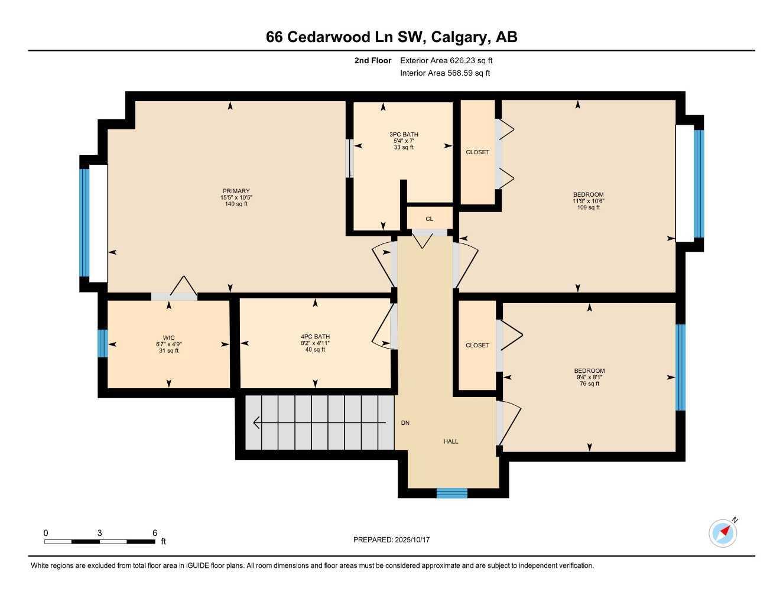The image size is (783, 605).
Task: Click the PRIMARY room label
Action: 236,191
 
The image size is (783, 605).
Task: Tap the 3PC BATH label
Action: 404,134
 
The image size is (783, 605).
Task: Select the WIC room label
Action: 168,338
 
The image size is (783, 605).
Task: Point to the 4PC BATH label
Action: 315,337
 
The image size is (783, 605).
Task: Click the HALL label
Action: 451,441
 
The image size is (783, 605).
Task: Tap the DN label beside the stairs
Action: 405,423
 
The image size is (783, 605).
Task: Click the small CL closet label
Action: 430,219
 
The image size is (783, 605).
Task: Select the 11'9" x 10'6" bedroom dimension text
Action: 588,201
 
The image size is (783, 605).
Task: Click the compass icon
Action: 723,533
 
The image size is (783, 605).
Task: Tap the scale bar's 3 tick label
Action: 100,533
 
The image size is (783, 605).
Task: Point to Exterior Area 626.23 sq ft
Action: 446,60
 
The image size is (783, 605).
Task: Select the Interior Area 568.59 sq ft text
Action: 445,73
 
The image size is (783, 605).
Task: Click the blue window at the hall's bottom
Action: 451,493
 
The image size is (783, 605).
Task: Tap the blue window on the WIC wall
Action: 102,343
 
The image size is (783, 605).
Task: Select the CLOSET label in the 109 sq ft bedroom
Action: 477,152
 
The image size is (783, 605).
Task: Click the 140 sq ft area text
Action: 236,204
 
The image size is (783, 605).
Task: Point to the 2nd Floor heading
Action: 372,60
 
